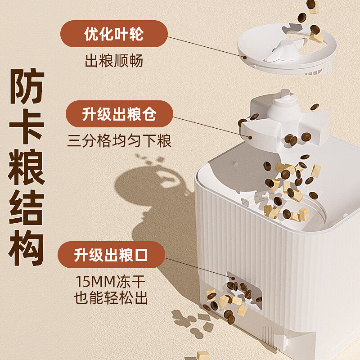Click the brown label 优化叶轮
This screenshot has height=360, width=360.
(114, 34)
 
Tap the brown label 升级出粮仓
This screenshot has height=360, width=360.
(119, 114)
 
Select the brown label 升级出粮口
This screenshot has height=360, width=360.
(111, 255)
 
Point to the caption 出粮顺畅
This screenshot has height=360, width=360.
(114, 61)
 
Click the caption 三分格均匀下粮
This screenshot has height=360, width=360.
(119, 141)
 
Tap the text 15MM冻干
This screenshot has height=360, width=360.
(110, 282)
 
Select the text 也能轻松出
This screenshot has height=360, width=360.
(111, 298)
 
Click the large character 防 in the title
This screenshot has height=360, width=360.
(27, 86)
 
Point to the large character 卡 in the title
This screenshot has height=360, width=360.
(27, 126)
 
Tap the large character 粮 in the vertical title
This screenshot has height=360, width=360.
(27, 167)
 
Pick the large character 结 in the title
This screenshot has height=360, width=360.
(27, 207)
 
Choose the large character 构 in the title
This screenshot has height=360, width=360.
(27, 248)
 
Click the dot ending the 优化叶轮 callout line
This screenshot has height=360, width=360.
(245, 58)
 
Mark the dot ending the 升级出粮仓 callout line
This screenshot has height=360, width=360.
(250, 138)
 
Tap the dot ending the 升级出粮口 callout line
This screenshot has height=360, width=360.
(233, 279)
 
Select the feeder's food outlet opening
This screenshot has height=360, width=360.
(244, 290)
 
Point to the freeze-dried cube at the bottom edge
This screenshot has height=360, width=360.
(203, 355)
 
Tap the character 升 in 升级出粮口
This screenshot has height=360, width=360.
(81, 255)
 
